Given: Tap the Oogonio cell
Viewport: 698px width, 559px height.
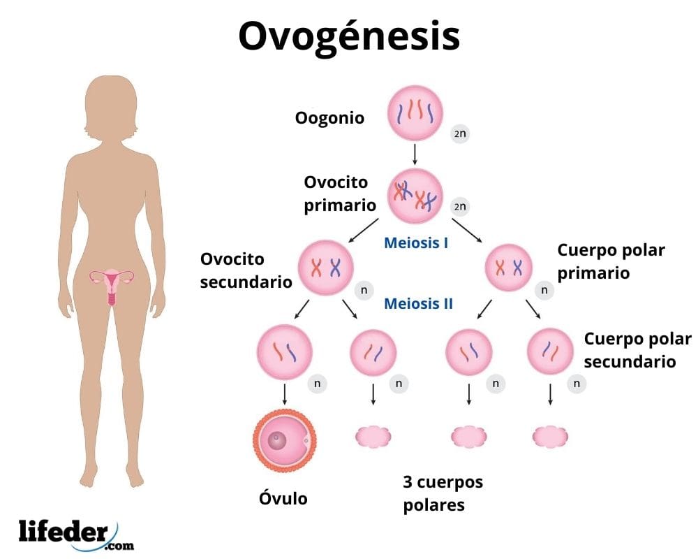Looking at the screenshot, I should tap(415, 115).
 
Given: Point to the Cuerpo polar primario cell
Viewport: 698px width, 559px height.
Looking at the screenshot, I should tap(508, 268).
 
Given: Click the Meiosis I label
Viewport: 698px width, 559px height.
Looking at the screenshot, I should tap(416, 244).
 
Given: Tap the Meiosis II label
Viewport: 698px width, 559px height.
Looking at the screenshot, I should tap(418, 304).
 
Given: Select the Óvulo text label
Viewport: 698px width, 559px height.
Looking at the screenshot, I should tap(283, 498).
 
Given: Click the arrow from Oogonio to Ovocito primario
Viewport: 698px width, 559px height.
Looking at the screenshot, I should tap(415, 154).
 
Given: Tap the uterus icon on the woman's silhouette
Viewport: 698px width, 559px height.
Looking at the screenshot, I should tap(112, 282).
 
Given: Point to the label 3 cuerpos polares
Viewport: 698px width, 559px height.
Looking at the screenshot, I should tap(443, 493).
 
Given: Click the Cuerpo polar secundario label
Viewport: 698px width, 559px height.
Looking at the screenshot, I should tap(637, 350).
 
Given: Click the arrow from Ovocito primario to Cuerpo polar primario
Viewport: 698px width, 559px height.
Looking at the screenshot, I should tap(466, 230).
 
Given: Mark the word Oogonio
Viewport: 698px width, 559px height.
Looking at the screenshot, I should tap(329, 117).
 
